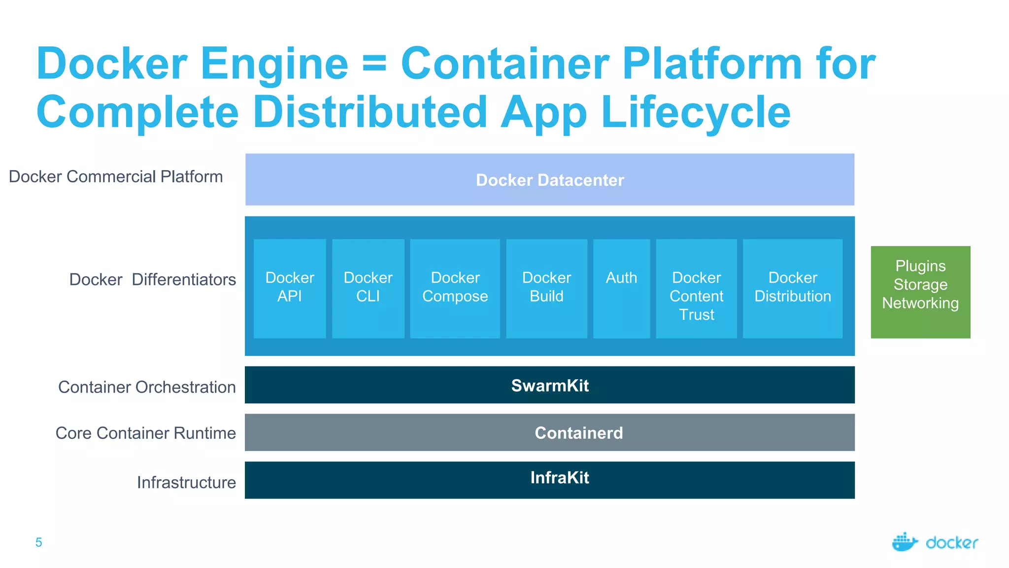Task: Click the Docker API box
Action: (x=290, y=288)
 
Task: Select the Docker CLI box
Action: (x=368, y=288)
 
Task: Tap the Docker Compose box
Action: (x=455, y=288)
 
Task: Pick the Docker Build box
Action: (x=546, y=288)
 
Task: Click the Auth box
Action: (x=621, y=288)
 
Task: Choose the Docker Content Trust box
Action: (x=696, y=288)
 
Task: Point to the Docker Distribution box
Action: (x=792, y=288)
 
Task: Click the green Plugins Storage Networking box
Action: (x=920, y=292)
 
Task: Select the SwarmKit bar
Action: (x=549, y=385)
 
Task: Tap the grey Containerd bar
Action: (x=549, y=432)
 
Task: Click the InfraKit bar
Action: (x=549, y=480)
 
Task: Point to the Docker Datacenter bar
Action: (x=549, y=179)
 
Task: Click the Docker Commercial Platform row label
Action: (x=116, y=177)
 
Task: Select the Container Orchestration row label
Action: (x=147, y=387)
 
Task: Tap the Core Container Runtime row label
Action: (x=145, y=433)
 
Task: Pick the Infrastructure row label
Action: (x=186, y=482)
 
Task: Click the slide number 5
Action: (x=39, y=542)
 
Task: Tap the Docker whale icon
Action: (x=905, y=542)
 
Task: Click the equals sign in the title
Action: (x=374, y=64)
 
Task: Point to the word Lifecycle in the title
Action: (x=695, y=112)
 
